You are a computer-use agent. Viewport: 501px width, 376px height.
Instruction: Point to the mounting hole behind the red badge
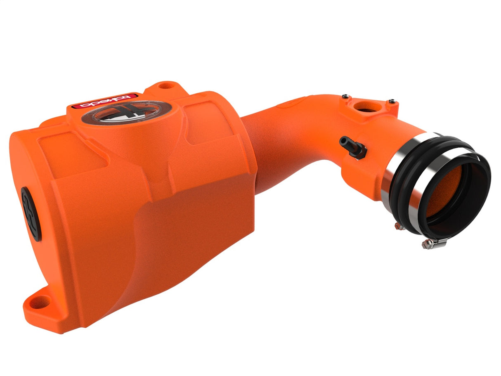(x=167, y=86)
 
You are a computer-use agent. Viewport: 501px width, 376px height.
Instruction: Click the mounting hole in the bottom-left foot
(x=40, y=303)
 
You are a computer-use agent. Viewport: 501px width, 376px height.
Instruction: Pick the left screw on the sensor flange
(x=345, y=97)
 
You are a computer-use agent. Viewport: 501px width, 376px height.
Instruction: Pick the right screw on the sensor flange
(x=392, y=100)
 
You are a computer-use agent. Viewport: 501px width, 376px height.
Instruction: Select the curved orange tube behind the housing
(x=281, y=136)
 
